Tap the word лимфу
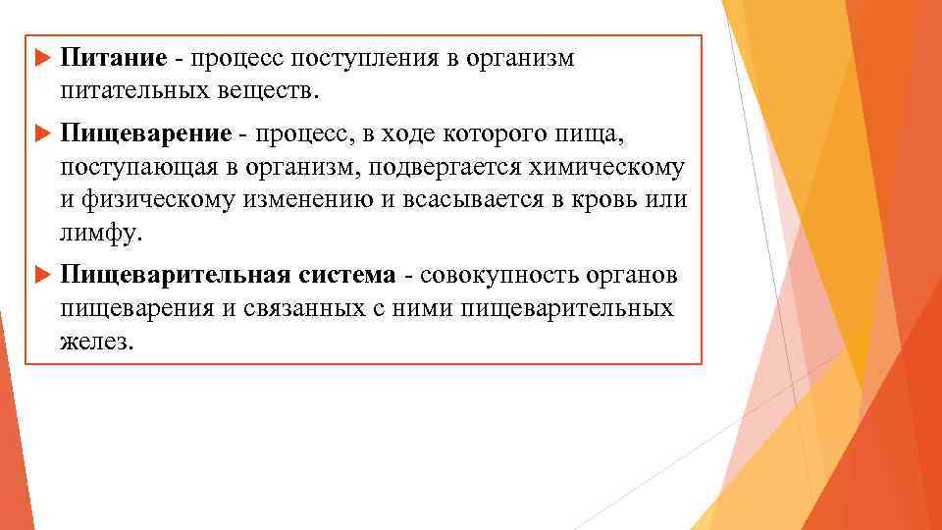coord(100,236)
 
